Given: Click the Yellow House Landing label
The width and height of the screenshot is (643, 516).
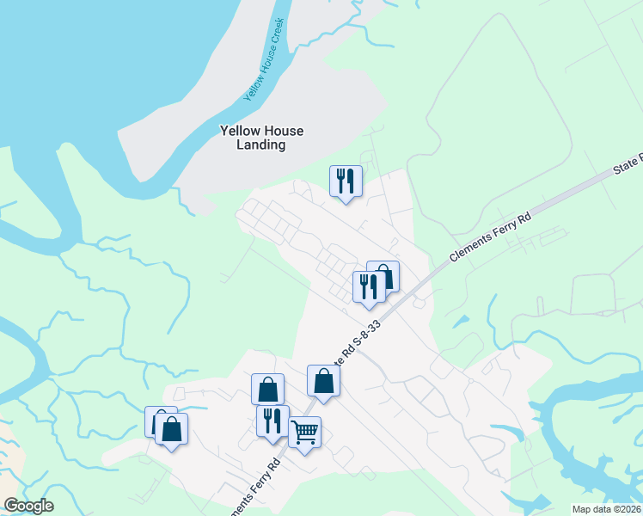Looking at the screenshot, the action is (261, 138).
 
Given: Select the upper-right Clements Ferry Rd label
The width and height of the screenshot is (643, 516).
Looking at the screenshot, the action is (490, 235).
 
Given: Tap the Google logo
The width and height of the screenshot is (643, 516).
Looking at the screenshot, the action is (28, 506).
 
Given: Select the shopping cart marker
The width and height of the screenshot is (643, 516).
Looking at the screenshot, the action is (304, 433).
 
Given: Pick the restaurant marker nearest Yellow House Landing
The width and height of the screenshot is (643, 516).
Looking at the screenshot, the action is (346, 181).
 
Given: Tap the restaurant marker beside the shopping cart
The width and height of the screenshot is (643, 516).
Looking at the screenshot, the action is (273, 421).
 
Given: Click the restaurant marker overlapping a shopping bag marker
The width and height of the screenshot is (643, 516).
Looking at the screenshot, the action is (369, 287).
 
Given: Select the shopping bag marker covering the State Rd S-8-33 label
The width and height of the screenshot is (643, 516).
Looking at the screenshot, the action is (323, 380).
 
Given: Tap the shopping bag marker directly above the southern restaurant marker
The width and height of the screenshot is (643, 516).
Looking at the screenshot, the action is (267, 389).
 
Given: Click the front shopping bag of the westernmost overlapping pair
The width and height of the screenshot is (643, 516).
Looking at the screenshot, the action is (172, 428).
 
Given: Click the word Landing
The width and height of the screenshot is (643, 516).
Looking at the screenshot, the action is (261, 145).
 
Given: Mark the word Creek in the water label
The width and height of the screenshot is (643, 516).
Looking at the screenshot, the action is (275, 34).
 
